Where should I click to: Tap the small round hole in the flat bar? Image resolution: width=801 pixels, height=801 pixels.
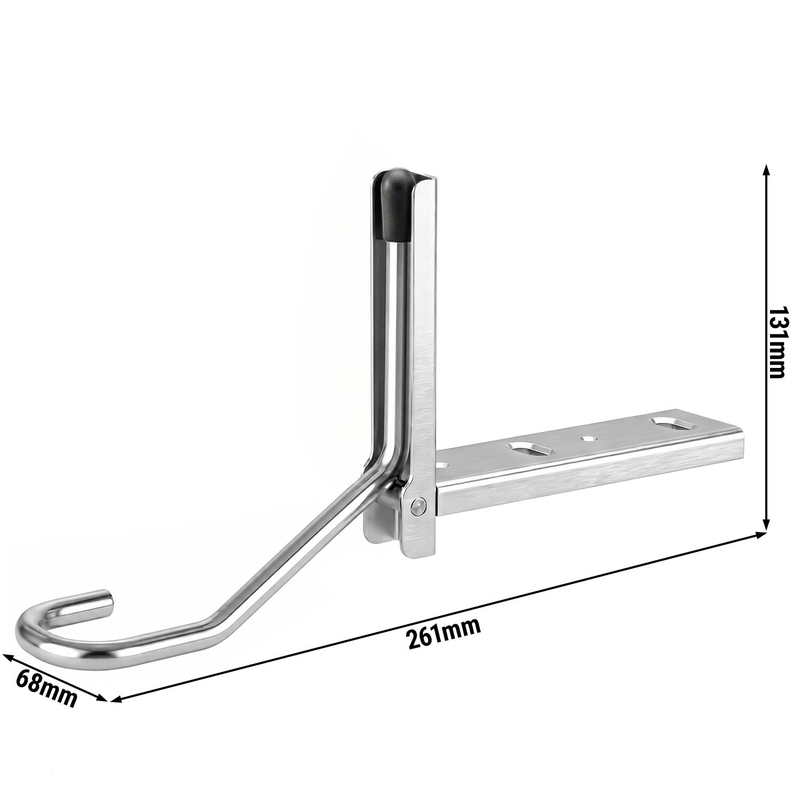(588, 438)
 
